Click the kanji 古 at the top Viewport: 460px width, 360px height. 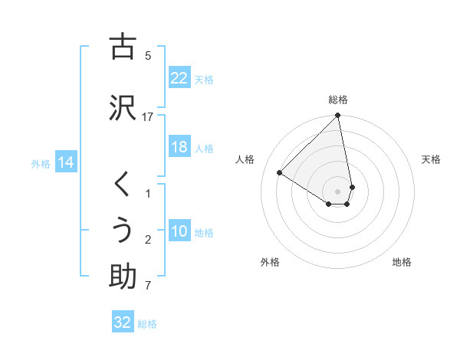pos(123,47)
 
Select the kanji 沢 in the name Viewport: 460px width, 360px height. pos(123,107)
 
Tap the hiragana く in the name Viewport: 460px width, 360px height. pos(123,185)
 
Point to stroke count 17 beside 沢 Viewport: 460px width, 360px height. pos(148,116)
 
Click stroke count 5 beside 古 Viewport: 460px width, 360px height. pos(148,55)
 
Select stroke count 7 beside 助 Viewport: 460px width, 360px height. pos(148,286)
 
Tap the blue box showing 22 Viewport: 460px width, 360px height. pos(179,78)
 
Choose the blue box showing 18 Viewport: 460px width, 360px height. pos(179,147)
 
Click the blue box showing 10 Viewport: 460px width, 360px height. pos(179,232)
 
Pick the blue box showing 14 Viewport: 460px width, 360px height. pos(66,162)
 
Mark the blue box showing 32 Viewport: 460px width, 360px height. pos(123,322)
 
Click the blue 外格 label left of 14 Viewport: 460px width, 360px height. pos(41,163)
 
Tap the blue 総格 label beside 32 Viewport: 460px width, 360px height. pos(147,324)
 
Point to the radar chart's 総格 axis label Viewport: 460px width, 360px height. pos(338,100)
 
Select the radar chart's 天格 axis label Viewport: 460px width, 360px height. pos(432,159)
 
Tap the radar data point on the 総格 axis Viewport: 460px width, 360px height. pos(338,116)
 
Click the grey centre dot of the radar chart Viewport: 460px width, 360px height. pos(338,191)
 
